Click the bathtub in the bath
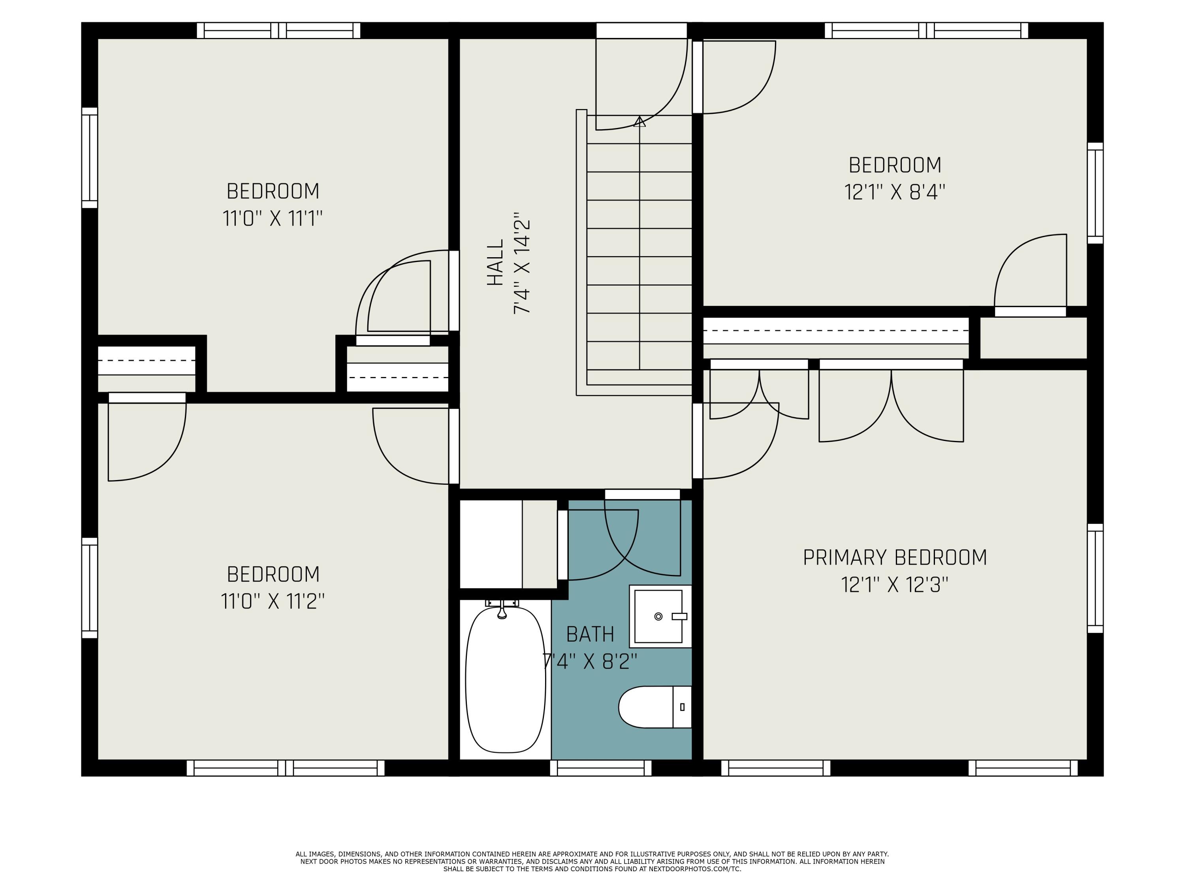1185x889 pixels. click(505, 680)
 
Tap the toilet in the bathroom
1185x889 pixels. click(655, 707)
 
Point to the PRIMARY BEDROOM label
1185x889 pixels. click(895, 557)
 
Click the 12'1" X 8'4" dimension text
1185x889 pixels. click(895, 192)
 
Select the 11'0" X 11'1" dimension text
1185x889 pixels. click(273, 218)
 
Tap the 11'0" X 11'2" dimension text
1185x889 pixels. click(273, 601)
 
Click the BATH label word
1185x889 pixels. click(590, 635)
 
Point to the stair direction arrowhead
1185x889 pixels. click(640, 122)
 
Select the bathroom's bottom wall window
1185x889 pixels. click(600, 768)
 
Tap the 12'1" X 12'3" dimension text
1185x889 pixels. click(895, 585)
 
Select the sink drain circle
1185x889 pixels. click(658, 617)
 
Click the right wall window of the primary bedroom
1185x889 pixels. click(1095, 578)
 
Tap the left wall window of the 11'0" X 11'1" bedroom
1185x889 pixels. click(89, 158)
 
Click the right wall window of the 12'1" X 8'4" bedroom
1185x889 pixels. click(1095, 193)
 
